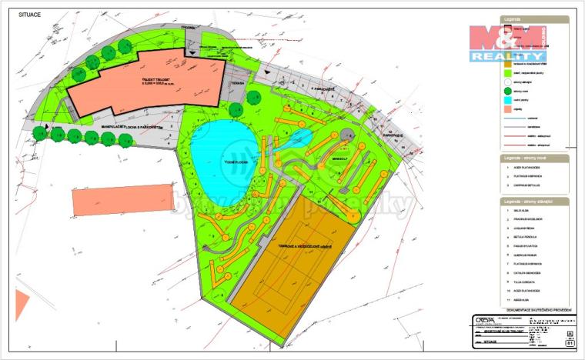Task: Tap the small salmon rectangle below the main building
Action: (x=123, y=199)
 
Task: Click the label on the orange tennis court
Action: (x=293, y=248)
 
